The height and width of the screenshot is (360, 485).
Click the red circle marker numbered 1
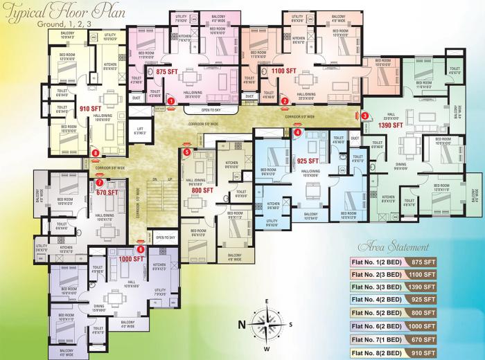(x=171, y=101)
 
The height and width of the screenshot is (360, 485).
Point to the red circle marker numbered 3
(x=365, y=116)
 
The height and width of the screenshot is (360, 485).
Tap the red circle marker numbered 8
(x=96, y=153)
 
